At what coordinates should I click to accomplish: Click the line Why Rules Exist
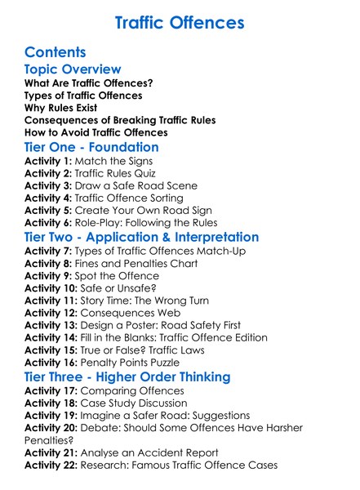tap(60, 108)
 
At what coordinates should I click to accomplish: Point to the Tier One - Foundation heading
tap(91, 148)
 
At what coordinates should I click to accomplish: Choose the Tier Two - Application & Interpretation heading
tap(142, 238)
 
